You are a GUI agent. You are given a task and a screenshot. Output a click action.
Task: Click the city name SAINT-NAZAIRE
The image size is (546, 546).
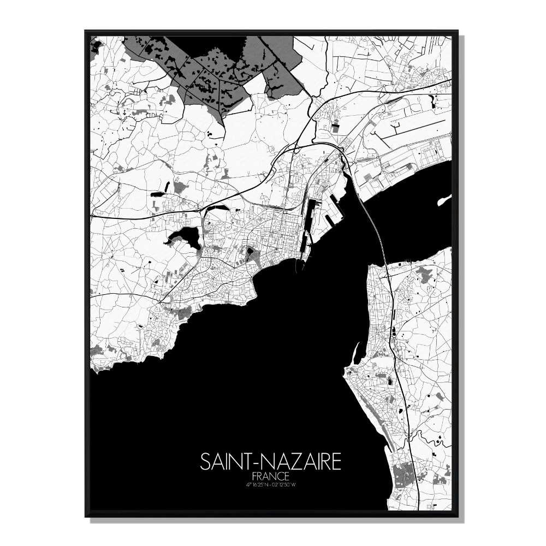pyautogui.click(x=270, y=461)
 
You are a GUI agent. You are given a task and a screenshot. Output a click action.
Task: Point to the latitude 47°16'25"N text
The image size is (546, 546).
pyautogui.click(x=257, y=484)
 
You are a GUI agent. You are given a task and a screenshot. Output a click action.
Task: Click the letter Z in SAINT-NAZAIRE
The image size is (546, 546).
pyautogui.click(x=294, y=461)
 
